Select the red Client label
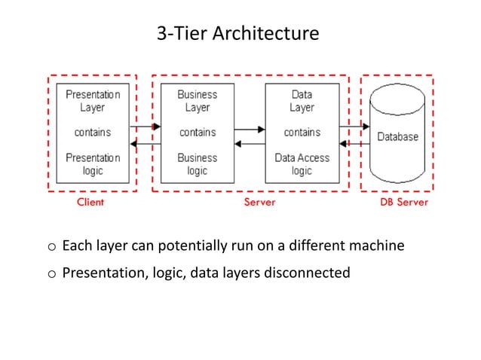click(x=90, y=203)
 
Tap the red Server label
click(x=259, y=203)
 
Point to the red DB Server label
click(x=403, y=203)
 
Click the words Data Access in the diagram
click(x=302, y=158)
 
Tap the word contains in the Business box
click(x=197, y=133)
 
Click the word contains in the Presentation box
click(x=92, y=133)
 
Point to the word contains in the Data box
click(x=302, y=133)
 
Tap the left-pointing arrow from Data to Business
click(x=250, y=143)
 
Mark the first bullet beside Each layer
click(x=51, y=246)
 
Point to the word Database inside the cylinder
click(x=397, y=138)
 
